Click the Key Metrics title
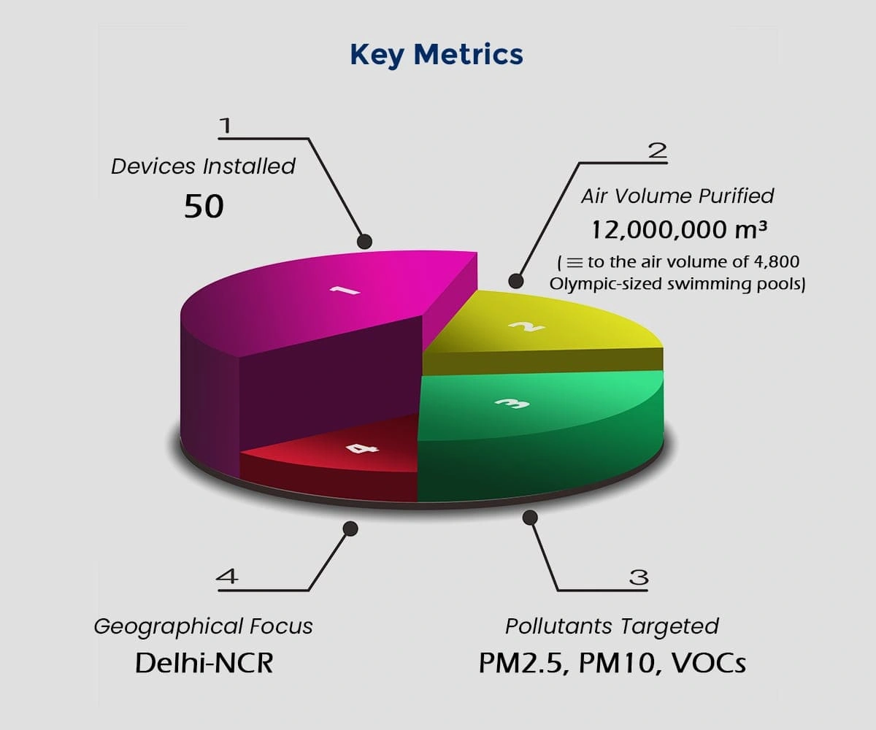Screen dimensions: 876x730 (x=437, y=55)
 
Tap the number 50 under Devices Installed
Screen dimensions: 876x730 (x=204, y=207)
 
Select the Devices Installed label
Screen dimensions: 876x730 (x=204, y=166)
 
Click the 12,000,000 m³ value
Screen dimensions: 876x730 (x=679, y=230)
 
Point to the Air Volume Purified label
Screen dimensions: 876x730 (x=677, y=196)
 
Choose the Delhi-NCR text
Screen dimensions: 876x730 (x=204, y=664)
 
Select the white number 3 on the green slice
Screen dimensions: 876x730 (x=512, y=404)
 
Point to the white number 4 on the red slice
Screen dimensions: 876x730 (x=362, y=448)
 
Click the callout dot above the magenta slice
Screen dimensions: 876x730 (x=364, y=242)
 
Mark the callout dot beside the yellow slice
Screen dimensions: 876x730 (x=515, y=280)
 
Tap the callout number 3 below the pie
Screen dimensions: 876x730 (x=639, y=577)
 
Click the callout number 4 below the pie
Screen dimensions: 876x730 (x=227, y=576)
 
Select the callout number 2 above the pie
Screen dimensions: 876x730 (x=658, y=150)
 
